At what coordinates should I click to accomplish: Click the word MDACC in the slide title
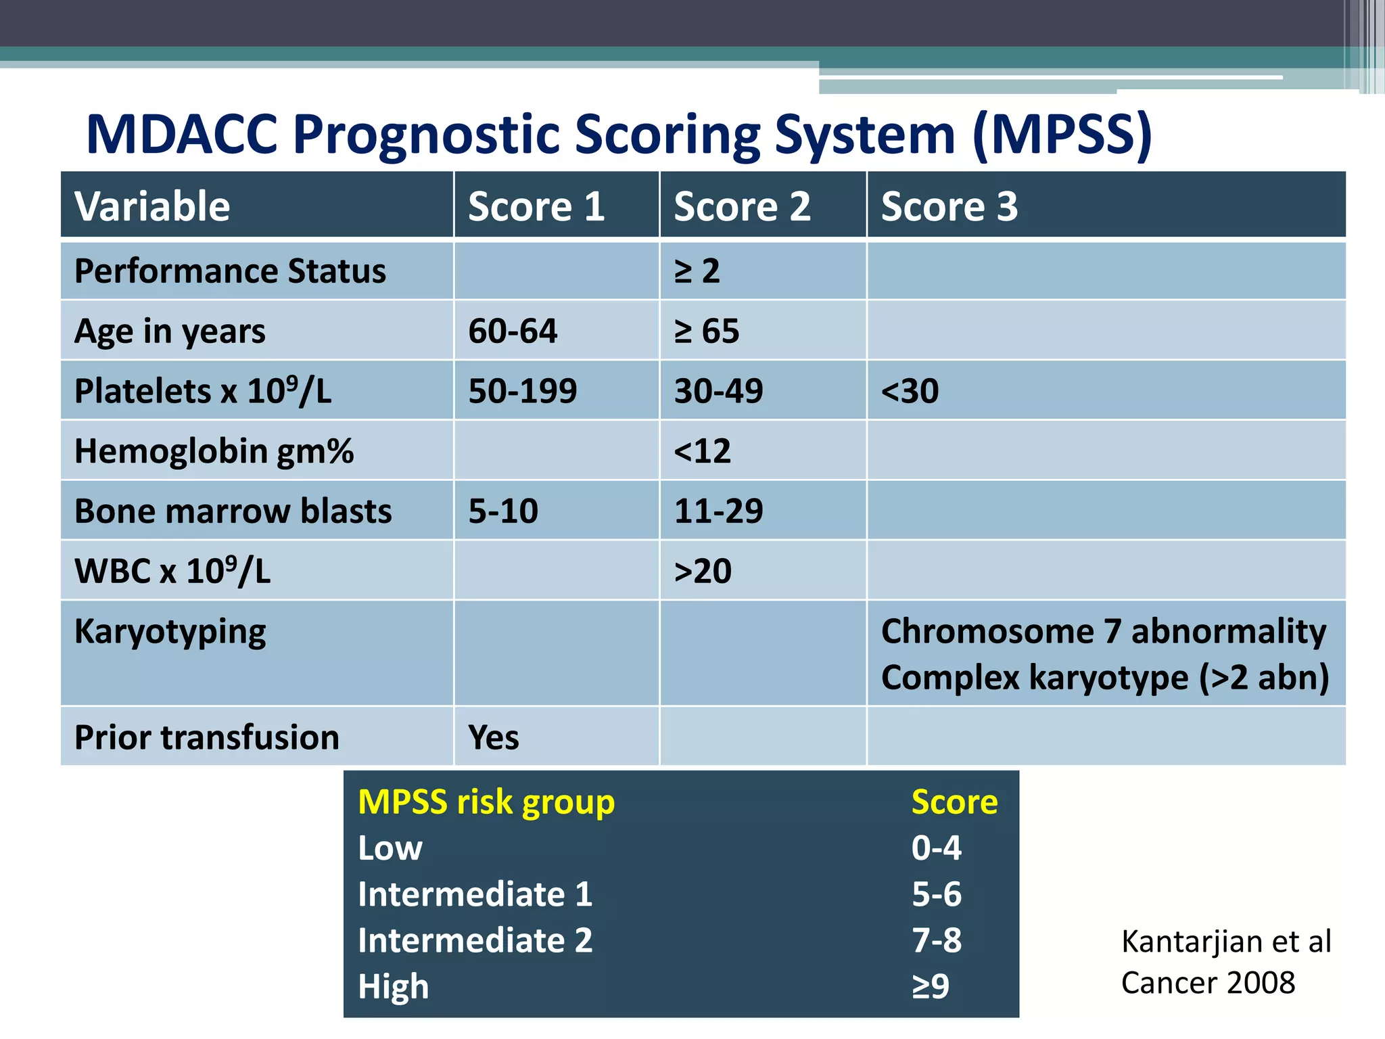point(182,134)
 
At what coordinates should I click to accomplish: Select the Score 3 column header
point(949,206)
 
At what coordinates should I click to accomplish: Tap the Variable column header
point(152,206)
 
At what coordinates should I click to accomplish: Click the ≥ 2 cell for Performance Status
point(697,271)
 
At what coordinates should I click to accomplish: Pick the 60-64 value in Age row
point(513,331)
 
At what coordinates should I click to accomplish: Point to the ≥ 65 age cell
point(707,331)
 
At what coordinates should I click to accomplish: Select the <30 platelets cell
point(910,391)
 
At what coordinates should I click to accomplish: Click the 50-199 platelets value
point(522,391)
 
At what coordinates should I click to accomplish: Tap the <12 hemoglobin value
point(702,451)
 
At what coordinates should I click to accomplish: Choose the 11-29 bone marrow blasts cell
point(718,511)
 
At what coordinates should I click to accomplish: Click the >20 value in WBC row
point(703,571)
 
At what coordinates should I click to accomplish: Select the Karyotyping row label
point(170,632)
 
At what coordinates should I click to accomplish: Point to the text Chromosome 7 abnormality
point(1103,632)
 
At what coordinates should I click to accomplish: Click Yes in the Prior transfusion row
point(494,737)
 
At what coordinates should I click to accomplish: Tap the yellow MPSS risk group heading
point(486,802)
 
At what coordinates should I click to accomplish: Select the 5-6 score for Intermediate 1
point(936,894)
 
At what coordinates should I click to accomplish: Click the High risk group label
point(393,987)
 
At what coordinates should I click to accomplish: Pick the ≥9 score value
point(931,987)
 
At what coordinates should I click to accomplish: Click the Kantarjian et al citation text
point(1225,942)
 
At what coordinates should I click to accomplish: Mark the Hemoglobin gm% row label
point(214,451)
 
